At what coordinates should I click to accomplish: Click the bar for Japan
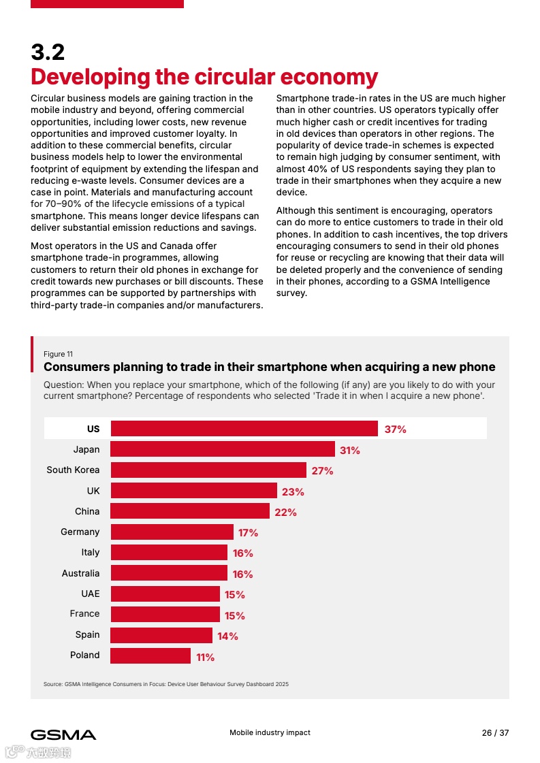223,449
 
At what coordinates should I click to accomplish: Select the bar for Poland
150,655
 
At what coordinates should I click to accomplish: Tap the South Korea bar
208,470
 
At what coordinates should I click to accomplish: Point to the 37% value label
395,429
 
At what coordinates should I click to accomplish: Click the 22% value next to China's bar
285,512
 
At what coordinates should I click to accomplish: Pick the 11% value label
205,657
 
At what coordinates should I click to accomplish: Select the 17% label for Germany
248,532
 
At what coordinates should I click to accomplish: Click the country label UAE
90,594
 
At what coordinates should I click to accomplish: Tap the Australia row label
80,573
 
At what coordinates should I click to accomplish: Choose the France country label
84,613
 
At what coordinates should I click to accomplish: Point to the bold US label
93,429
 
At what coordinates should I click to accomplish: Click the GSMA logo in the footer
63,734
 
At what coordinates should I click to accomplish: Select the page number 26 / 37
495,733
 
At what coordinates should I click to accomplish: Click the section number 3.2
48,52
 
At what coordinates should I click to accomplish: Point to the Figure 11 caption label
58,354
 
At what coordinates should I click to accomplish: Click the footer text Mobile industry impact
270,732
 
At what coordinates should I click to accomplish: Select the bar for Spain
161,635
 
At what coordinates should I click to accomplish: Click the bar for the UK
194,491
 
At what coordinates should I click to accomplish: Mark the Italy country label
90,552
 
